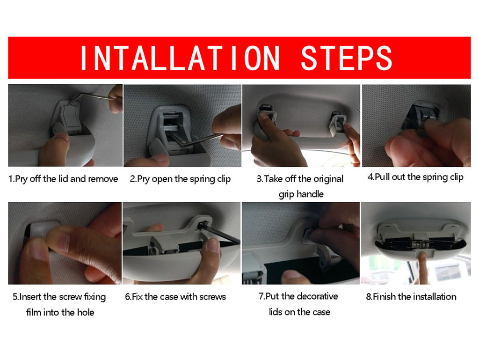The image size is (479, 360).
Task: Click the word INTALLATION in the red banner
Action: pyautogui.click(x=180, y=58)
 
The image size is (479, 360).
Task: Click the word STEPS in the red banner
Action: pyautogui.click(x=347, y=58)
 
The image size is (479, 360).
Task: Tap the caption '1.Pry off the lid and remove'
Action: pyautogui.click(x=63, y=179)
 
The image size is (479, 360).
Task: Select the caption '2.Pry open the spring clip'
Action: pyautogui.click(x=180, y=179)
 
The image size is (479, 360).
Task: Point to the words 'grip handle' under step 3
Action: pyautogui.click(x=301, y=194)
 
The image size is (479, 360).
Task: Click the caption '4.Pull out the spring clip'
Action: pyautogui.click(x=415, y=177)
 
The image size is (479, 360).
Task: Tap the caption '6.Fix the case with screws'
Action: pyautogui.click(x=175, y=296)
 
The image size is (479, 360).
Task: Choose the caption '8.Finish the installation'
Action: pyautogui.click(x=411, y=296)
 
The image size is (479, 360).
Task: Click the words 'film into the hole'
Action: pyautogui.click(x=60, y=312)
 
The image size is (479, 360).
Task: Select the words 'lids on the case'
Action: pyautogui.click(x=299, y=312)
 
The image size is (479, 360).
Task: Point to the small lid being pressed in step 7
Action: pyautogui.click(x=311, y=235)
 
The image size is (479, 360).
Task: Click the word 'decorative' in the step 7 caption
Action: pyautogui.click(x=317, y=296)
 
